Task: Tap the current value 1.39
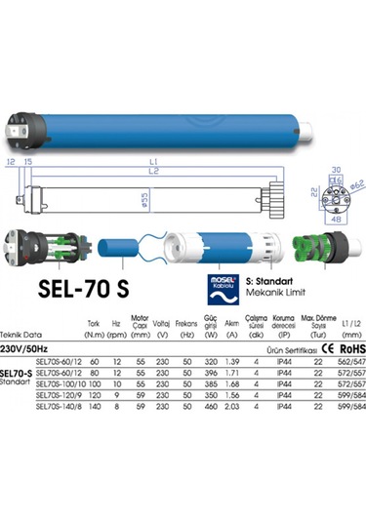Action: (x=232, y=360)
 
